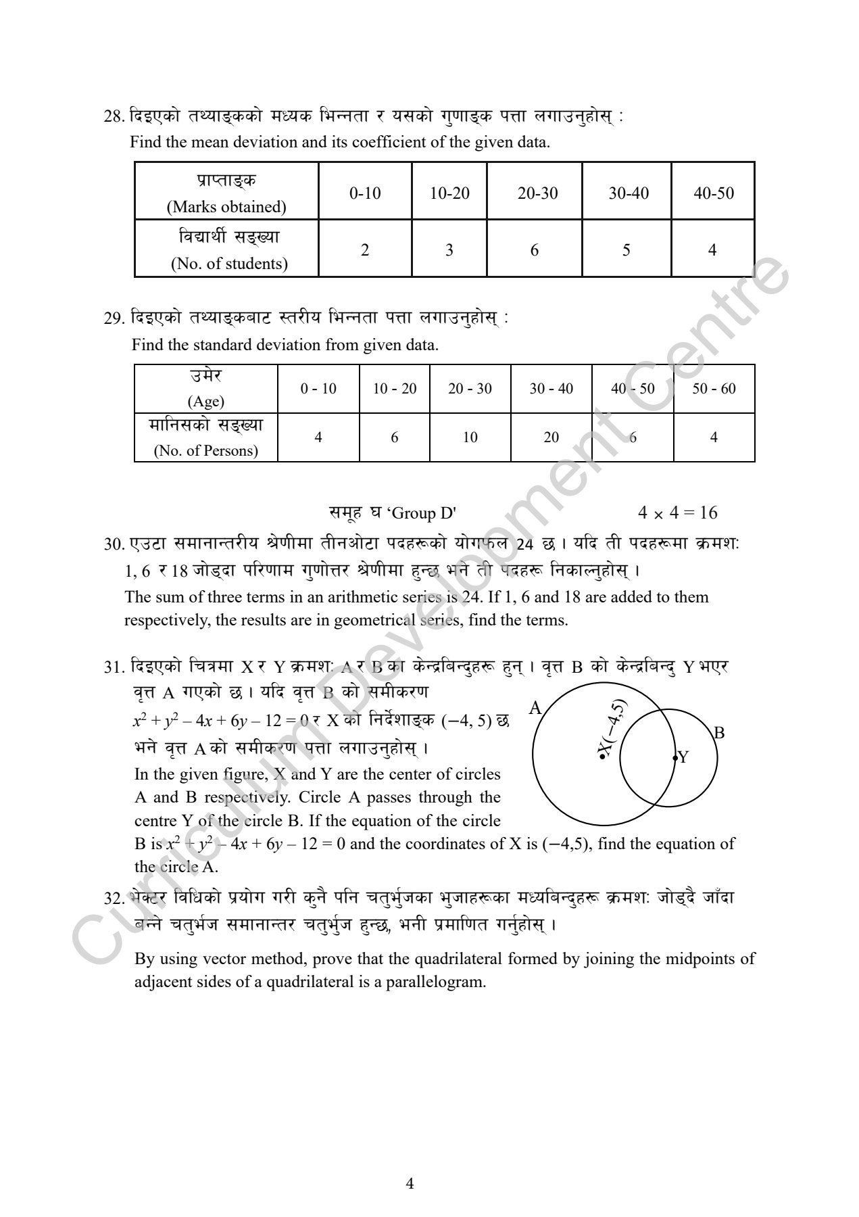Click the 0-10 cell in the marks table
[x=365, y=193]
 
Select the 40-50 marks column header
[x=713, y=193]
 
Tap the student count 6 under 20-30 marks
[x=535, y=250]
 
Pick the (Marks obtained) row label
[x=226, y=207]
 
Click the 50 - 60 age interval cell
[x=714, y=389]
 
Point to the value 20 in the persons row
[x=551, y=437]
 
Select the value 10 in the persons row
[x=470, y=437]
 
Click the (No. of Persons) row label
[x=206, y=451]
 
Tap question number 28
[x=112, y=116]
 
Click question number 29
[x=112, y=318]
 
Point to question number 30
[x=112, y=544]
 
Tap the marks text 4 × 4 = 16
[x=677, y=513]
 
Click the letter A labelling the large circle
[x=535, y=708]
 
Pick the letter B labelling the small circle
[x=719, y=732]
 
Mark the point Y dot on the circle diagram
[x=674, y=759]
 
